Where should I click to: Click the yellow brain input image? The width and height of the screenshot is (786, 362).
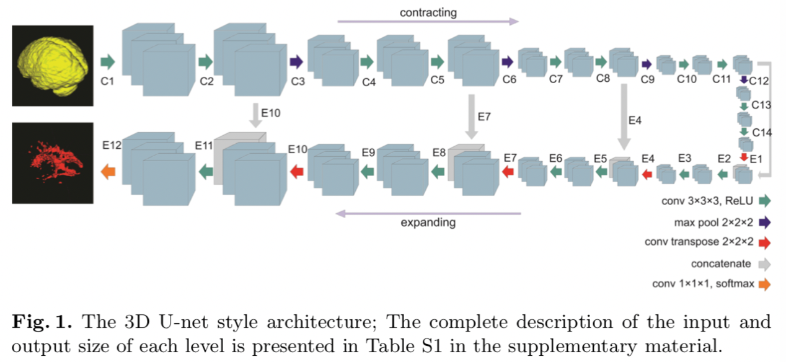pos(53,65)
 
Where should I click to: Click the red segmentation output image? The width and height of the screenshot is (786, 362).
pos(53,162)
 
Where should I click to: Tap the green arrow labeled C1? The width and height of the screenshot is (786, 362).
pos(108,61)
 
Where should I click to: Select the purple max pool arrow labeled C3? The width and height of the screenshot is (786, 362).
pos(296,61)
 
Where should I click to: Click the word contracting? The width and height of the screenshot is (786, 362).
pos(428,12)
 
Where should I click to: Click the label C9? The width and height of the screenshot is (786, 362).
pos(647,79)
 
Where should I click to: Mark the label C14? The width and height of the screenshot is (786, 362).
pos(761,133)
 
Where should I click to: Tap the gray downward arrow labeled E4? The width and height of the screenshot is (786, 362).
pos(624,118)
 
